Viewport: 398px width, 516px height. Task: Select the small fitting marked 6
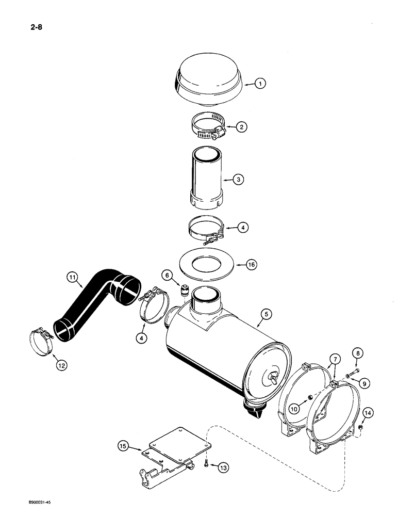click(x=182, y=292)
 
